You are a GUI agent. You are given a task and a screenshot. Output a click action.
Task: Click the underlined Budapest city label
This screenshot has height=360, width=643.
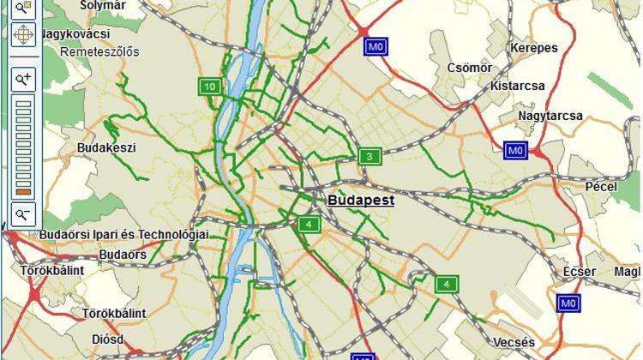click(360, 201)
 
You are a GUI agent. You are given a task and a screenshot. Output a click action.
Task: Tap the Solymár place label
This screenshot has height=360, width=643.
click(102, 5)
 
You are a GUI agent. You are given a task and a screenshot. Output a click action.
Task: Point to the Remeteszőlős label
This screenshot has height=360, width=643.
click(100, 51)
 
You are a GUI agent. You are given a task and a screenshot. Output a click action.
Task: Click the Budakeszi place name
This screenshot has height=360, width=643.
click(106, 147)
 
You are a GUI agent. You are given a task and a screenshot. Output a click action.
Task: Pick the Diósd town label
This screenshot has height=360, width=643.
click(107, 339)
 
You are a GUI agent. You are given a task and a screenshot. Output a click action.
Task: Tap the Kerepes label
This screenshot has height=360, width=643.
click(533, 48)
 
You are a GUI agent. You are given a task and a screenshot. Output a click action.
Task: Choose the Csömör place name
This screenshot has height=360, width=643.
click(469, 68)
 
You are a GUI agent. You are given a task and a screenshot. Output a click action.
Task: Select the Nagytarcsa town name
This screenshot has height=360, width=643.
click(550, 116)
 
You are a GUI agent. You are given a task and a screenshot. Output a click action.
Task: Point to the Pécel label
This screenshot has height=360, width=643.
click(601, 185)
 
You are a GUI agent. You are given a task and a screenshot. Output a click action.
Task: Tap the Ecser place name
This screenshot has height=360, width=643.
click(579, 272)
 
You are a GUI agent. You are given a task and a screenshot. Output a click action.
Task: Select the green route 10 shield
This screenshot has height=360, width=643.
click(210, 86)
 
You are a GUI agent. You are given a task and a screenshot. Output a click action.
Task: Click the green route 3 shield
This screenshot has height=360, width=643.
click(369, 156)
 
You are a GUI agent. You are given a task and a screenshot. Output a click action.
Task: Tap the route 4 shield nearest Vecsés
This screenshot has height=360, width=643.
click(446, 284)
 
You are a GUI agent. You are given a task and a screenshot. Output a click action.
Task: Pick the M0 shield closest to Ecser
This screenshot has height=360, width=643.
click(568, 303)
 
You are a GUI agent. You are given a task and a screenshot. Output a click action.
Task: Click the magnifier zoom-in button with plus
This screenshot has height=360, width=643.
click(23, 79)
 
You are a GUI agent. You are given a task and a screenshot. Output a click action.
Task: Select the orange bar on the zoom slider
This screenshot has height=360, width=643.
click(23, 191)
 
